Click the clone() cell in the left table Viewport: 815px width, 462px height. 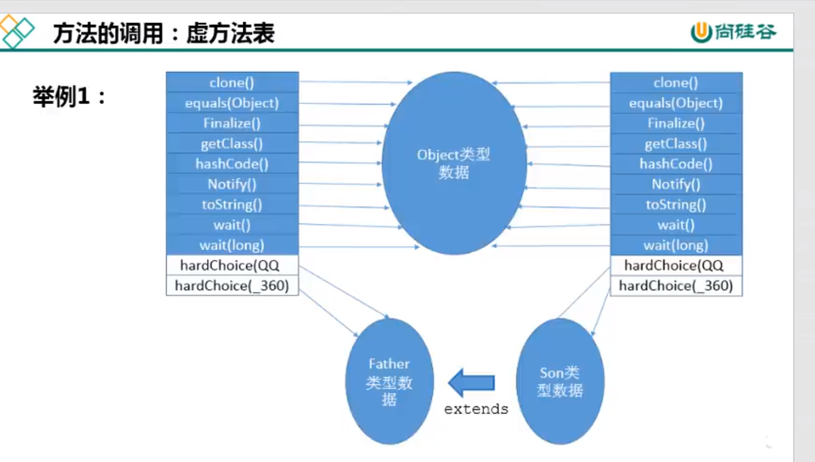coord(232,82)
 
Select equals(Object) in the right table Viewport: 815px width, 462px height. coord(676,103)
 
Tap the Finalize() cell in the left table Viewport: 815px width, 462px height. coord(232,123)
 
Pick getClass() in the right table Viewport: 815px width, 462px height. coord(676,143)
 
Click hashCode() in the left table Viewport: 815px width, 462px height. coord(232,164)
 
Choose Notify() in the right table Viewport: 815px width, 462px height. coord(676,184)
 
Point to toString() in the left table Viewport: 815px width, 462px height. coord(232,204)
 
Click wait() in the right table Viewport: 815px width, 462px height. coord(676,224)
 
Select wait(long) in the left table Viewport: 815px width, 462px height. coord(232,245)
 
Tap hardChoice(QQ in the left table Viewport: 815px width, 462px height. coord(232,265)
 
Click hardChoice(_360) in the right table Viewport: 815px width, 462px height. coord(676,285)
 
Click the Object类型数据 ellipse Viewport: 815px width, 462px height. coord(454,164)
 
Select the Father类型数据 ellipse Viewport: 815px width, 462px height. coord(390,381)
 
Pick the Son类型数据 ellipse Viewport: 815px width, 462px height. coord(560,381)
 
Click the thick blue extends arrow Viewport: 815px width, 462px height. coord(471,382)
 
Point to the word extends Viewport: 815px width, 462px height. coord(476,409)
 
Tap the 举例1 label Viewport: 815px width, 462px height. coord(69,97)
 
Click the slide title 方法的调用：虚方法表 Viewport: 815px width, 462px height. coord(163,33)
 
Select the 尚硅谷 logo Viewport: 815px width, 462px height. coord(734,31)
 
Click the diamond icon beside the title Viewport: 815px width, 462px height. coord(18,31)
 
